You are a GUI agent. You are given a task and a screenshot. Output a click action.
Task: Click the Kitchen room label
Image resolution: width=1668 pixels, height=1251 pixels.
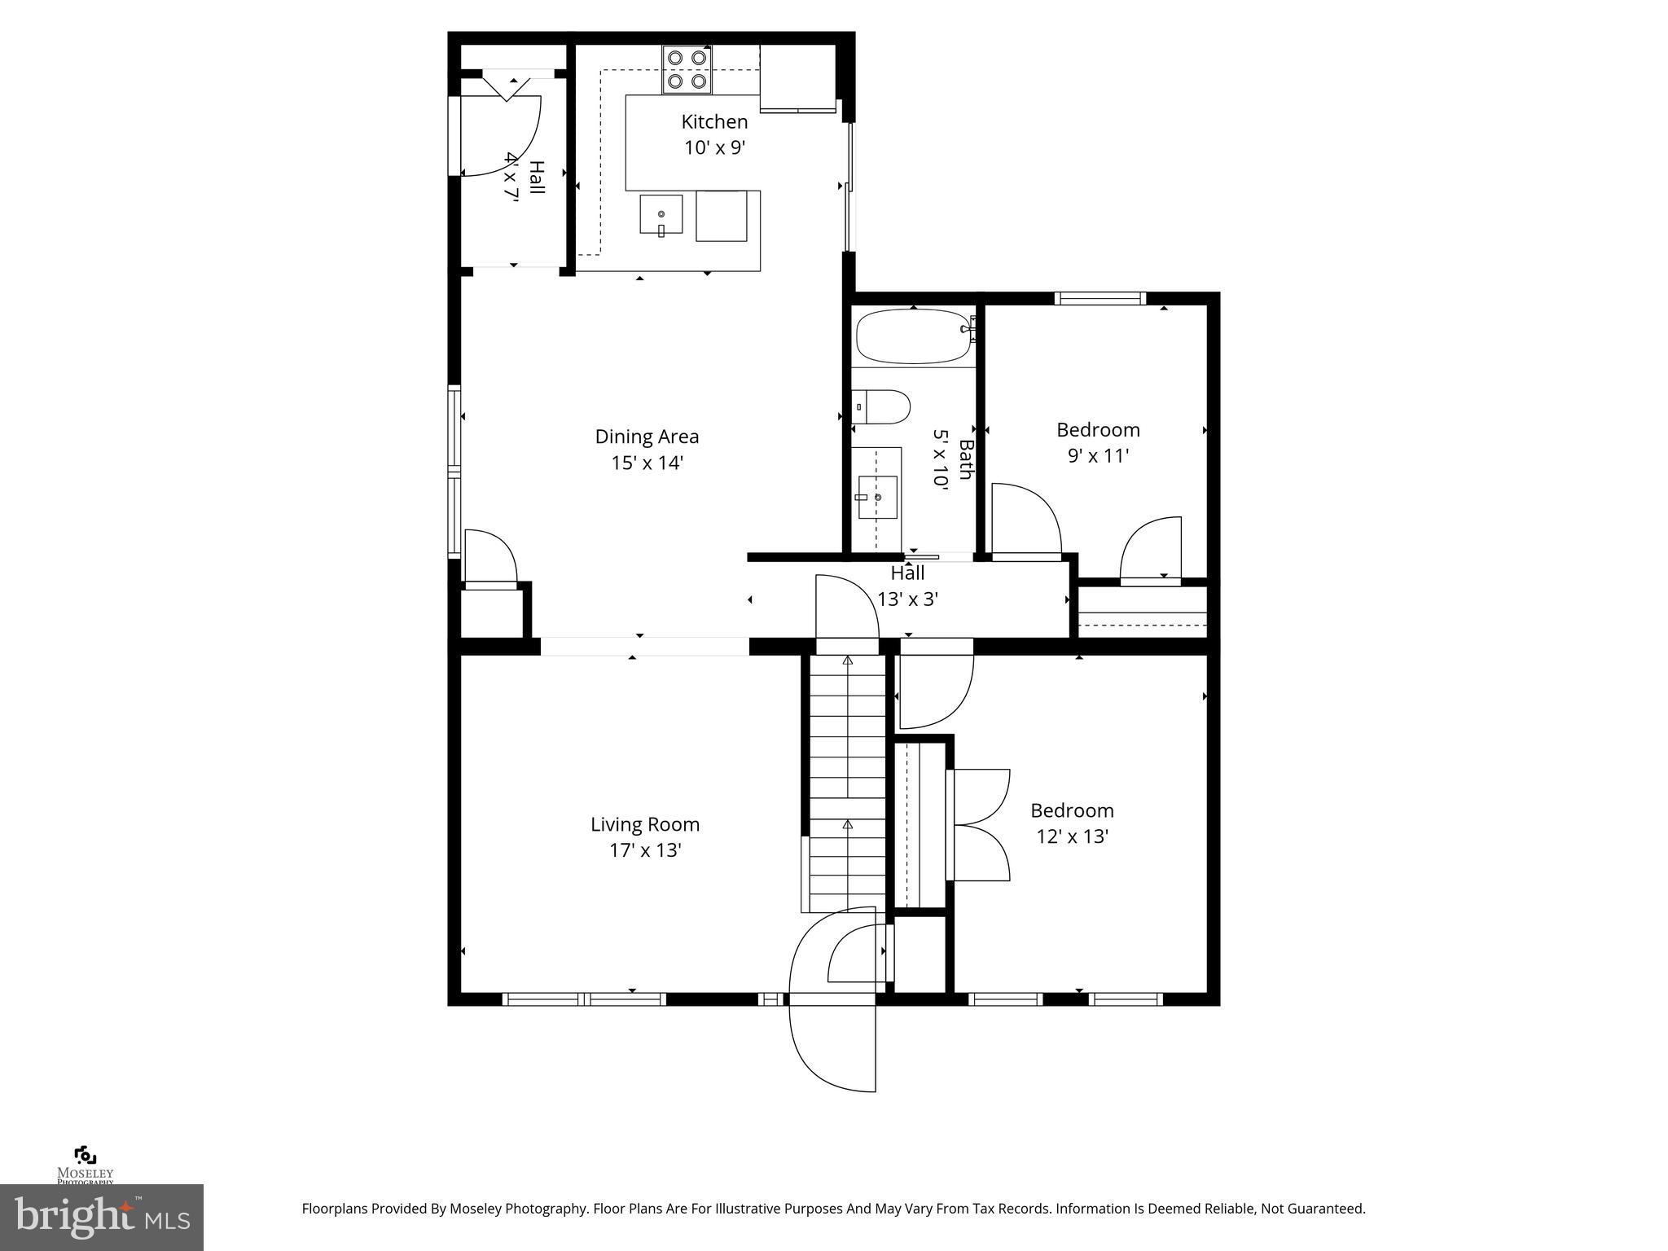[x=714, y=122]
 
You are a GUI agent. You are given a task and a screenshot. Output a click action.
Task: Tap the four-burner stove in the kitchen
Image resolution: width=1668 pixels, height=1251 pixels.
[x=687, y=69]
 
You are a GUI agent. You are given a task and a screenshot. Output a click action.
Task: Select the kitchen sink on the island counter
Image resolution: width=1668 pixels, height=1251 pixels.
[x=661, y=215]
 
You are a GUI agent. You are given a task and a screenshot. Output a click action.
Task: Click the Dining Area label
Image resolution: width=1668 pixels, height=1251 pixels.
[x=647, y=437]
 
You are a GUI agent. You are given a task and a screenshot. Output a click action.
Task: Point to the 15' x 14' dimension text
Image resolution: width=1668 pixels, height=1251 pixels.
[x=647, y=463]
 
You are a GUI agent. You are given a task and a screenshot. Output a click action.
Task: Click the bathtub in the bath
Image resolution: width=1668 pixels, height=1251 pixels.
[x=912, y=336]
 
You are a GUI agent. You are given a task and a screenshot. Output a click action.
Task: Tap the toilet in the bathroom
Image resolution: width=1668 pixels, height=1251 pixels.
[x=881, y=406]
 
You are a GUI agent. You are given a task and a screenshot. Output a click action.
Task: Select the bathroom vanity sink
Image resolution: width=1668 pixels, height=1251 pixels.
[x=877, y=497]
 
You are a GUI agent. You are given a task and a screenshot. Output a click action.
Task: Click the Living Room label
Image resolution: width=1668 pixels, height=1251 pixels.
[x=645, y=824]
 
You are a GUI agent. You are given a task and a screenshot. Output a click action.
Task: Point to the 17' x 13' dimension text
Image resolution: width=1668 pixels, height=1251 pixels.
[x=645, y=851]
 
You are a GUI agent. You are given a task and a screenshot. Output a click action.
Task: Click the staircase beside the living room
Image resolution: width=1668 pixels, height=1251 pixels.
[x=847, y=782]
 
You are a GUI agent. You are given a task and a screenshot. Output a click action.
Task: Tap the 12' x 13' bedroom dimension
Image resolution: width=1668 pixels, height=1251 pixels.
[x=1072, y=837]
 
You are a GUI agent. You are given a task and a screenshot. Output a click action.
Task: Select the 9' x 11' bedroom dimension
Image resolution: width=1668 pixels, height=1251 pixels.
[x=1098, y=456]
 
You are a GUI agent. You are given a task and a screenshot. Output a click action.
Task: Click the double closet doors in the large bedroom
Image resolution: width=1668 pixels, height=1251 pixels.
[x=981, y=825]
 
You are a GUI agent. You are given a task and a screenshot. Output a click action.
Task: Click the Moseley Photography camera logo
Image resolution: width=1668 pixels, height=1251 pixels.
[x=85, y=1156]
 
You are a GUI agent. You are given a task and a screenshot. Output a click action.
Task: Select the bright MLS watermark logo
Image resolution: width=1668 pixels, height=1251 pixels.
[x=101, y=1217]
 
